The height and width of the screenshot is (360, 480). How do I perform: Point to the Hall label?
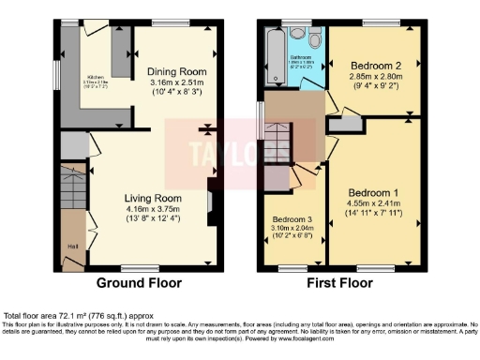click(72, 246)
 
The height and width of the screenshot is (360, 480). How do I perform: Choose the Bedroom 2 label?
click(374, 67)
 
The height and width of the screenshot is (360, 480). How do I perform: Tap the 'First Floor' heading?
click(342, 283)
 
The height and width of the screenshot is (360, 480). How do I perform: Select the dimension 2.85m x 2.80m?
click(374, 78)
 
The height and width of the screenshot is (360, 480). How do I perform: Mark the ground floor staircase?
click(73, 193)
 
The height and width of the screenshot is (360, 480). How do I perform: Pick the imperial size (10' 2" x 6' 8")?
click(290, 238)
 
